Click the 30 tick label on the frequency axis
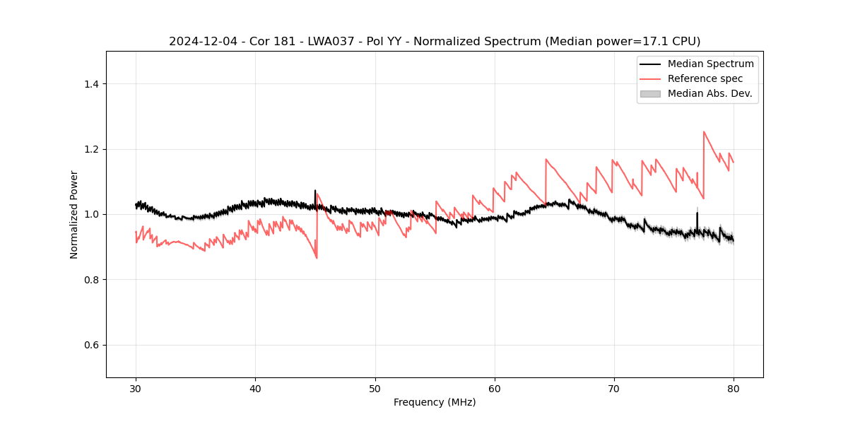point(136,389)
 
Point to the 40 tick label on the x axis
point(255,389)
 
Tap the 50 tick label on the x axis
point(375,389)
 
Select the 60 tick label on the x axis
point(495,389)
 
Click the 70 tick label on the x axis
point(614,389)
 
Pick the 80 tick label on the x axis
point(734,389)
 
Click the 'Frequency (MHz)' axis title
point(435,403)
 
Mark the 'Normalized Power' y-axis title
point(74,214)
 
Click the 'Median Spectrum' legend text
point(710,64)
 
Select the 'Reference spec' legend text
point(705,78)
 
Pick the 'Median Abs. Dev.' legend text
point(710,93)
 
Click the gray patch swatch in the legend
point(650,93)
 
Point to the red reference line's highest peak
point(704,131)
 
